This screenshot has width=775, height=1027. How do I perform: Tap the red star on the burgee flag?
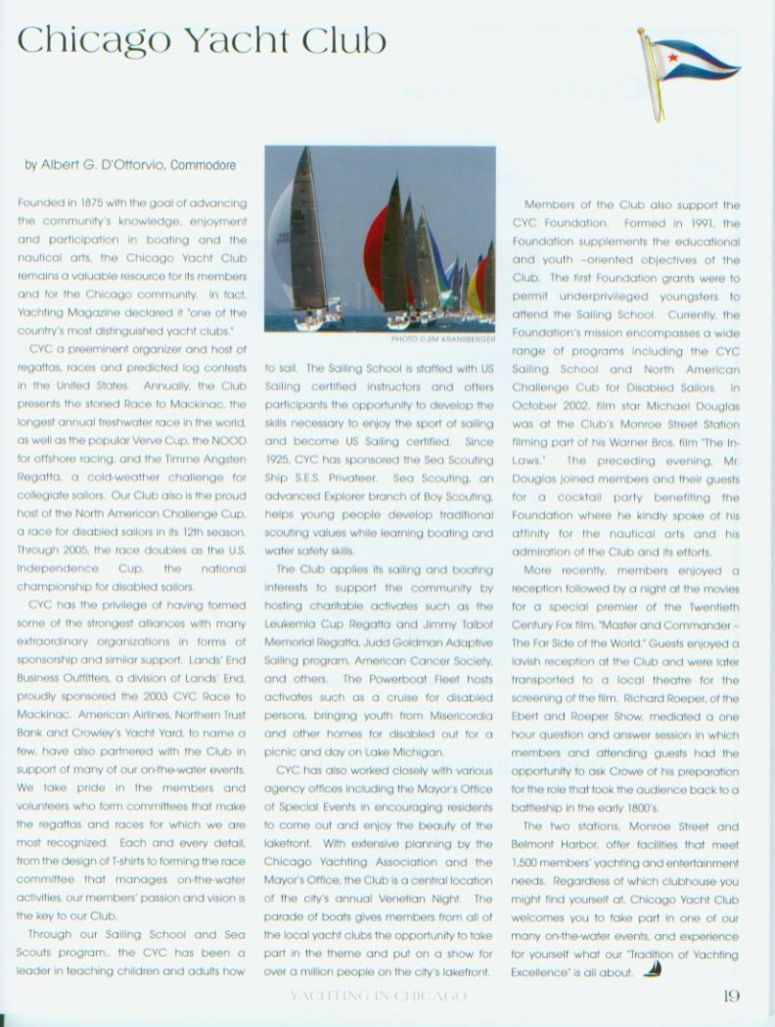pyautogui.click(x=672, y=58)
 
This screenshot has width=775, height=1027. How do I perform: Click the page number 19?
pyautogui.click(x=731, y=997)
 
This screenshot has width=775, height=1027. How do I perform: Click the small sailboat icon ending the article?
pyautogui.click(x=654, y=970)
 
